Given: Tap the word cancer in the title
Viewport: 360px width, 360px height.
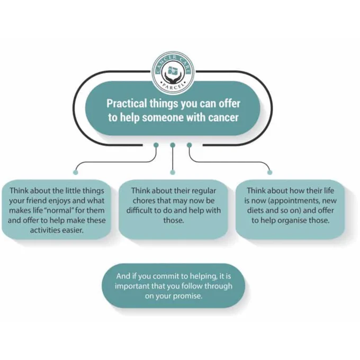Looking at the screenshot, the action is tap(223, 118).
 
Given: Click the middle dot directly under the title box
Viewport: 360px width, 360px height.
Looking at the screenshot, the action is tap(173, 145).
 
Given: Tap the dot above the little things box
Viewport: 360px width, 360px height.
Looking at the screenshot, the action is tap(75, 173).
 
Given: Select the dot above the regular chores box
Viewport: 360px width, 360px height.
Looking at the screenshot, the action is tap(173, 173).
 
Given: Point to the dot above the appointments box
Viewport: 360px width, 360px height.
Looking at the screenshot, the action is tap(270, 173).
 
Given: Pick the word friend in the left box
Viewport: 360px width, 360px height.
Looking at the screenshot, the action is tap(37, 201).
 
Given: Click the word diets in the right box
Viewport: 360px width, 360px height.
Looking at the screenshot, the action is tap(255, 210).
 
